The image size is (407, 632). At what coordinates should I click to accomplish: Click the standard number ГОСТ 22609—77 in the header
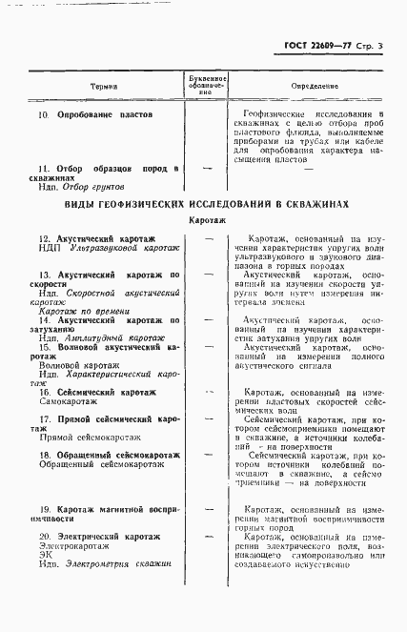click(x=315, y=46)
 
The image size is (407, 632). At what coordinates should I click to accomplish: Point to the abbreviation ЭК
click(x=45, y=560)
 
